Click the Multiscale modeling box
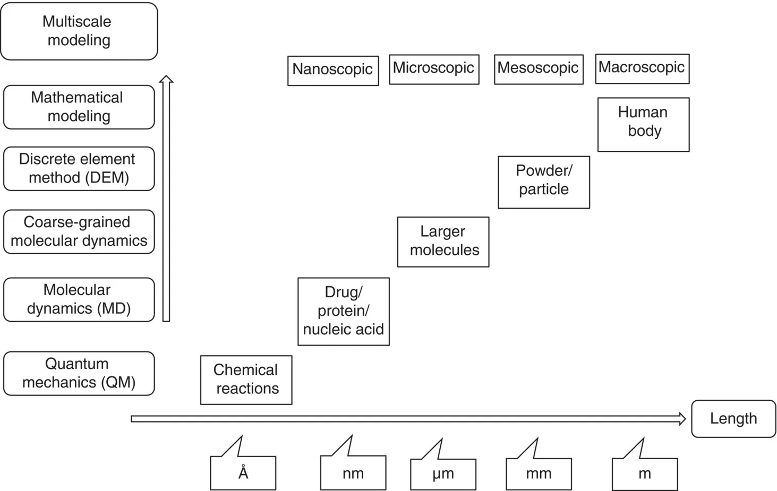click(79, 31)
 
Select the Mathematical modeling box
click(79, 107)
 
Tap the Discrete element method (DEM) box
click(79, 168)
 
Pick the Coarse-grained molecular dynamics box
click(79, 231)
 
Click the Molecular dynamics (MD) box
click(79, 299)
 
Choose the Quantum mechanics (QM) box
click(79, 373)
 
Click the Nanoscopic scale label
click(333, 70)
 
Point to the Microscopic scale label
click(434, 69)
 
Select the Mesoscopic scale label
click(539, 69)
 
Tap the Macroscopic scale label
click(642, 68)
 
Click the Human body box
click(643, 124)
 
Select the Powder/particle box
click(543, 182)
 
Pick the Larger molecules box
click(443, 242)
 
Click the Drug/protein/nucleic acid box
click(343, 311)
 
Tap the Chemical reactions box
click(246, 380)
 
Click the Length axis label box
click(733, 418)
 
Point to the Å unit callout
click(243, 472)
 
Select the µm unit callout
click(443, 473)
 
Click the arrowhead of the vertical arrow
click(166, 79)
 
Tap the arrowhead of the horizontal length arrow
click(682, 419)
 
